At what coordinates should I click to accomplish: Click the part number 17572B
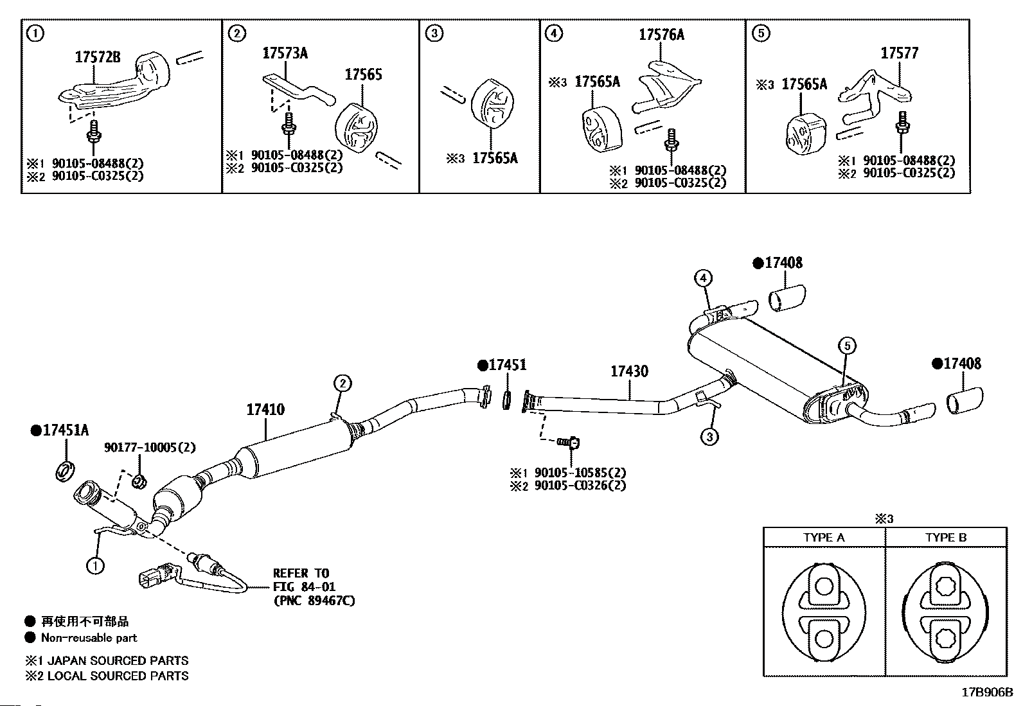coord(98,57)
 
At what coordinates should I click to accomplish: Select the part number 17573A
coord(285,53)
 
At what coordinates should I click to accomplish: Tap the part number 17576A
coord(661,35)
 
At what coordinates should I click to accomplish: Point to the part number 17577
coord(899,53)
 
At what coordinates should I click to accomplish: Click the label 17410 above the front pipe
coord(265,409)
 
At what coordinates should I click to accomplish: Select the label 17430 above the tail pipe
coord(629,371)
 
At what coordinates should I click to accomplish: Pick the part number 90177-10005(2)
coord(150,447)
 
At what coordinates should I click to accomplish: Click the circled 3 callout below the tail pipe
coord(709,437)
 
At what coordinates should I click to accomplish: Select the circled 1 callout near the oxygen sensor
coord(96,566)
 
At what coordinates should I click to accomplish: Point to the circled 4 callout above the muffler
coord(703,278)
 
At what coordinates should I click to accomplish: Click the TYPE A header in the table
coord(824,538)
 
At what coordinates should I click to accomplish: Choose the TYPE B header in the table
coord(946,538)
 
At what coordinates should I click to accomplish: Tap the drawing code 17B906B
coord(988,693)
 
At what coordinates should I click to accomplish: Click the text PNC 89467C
coord(314,601)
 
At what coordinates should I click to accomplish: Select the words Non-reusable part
coord(89,637)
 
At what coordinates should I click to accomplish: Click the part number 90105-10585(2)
coord(580,473)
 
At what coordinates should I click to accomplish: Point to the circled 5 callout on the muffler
coord(847,346)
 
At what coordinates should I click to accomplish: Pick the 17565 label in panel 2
coord(363,75)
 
